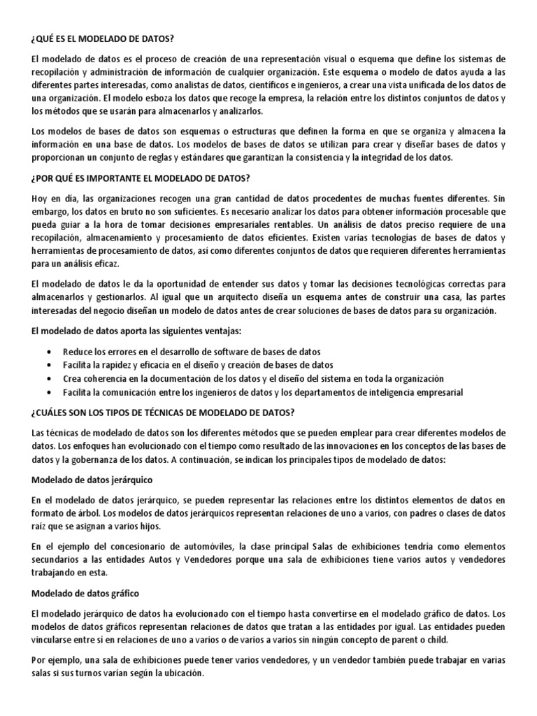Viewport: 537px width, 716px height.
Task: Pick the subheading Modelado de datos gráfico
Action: (x=85, y=594)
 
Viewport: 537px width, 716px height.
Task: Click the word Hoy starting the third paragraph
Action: (x=41, y=199)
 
